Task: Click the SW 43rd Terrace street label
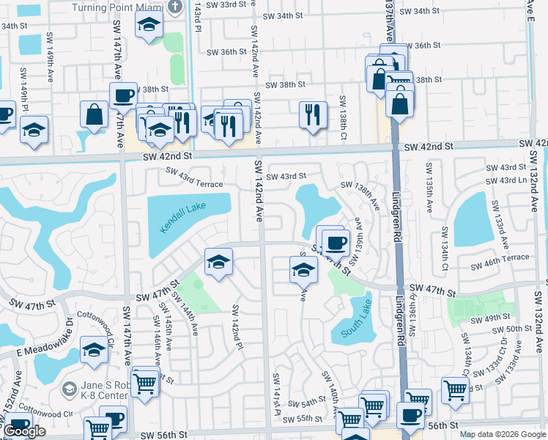[193, 177]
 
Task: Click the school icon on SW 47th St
[218, 263]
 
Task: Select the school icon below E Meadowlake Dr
[94, 351]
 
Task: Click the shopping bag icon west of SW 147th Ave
[95, 114]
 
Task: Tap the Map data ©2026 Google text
[503, 434]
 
